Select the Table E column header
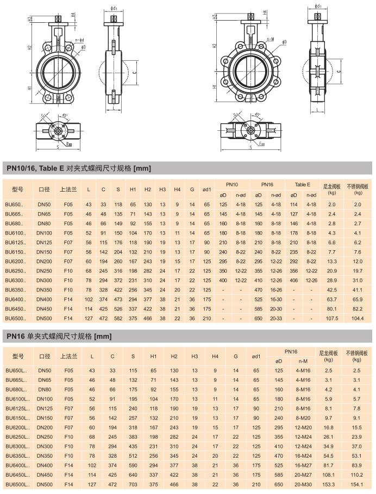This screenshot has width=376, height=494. pos(302,185)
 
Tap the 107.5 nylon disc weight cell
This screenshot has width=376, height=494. pos(333,318)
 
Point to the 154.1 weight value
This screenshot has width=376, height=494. pos(356,484)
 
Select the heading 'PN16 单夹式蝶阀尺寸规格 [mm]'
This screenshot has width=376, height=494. pos(59,337)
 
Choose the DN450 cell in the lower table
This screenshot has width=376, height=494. pos(45,474)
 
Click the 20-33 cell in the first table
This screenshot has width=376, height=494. pos(276,318)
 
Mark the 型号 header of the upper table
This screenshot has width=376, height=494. pos(17,189)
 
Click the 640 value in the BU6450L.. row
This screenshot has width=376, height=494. pos(133,474)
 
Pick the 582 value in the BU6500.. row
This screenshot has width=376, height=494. pos(118,318)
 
